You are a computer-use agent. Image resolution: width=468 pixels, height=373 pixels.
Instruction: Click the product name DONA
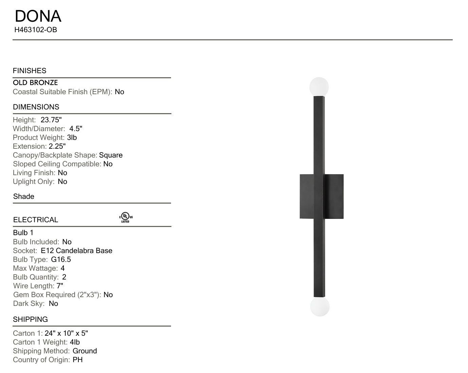click(38, 16)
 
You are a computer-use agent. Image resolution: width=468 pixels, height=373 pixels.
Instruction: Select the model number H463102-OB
click(36, 30)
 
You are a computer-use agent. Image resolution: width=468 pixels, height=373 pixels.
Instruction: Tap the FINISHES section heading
click(30, 70)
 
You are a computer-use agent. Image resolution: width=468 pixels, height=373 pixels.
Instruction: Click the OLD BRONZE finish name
click(35, 83)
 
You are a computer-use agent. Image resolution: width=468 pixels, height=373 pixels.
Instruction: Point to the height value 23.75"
click(51, 120)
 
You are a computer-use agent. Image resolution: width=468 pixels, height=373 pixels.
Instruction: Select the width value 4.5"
click(76, 128)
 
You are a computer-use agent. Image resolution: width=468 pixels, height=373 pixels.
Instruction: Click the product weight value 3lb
click(72, 138)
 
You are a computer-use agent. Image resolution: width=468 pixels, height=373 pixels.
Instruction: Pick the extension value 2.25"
click(57, 146)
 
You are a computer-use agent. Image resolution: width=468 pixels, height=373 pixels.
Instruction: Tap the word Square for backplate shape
click(111, 155)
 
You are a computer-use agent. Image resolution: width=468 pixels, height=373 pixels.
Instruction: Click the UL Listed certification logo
click(126, 217)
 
